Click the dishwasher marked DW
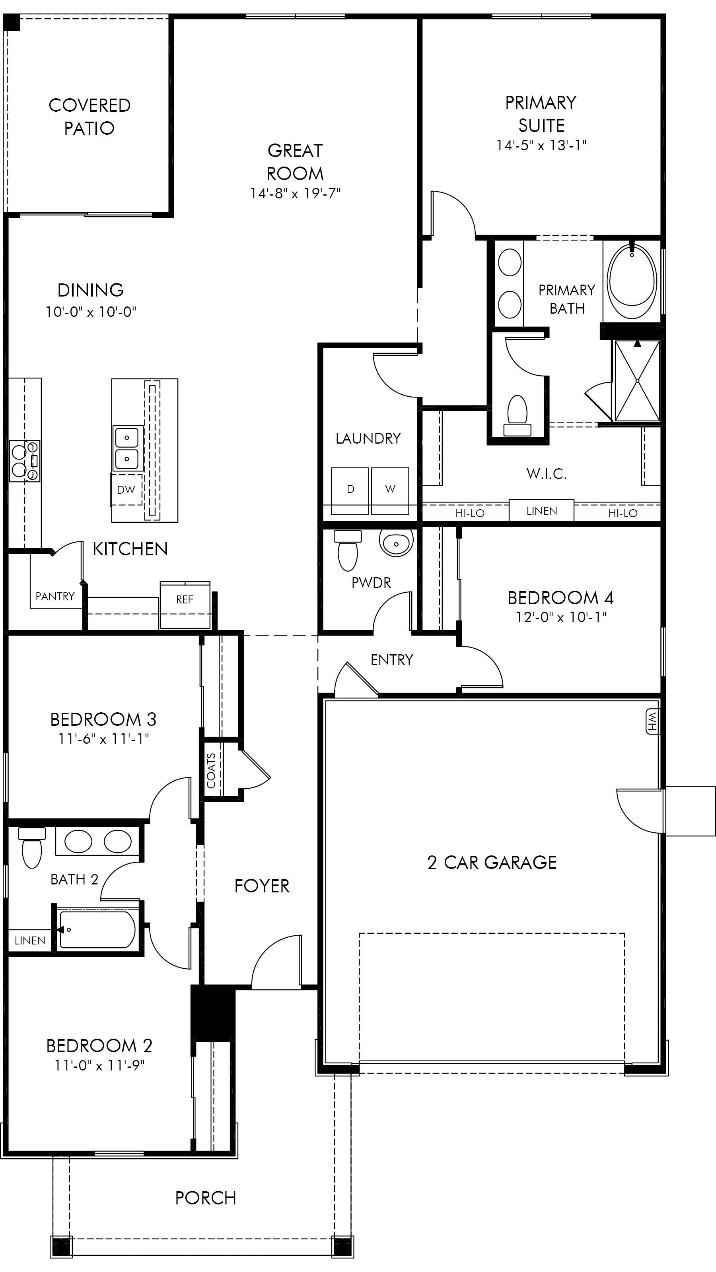126,489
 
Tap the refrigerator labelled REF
185,605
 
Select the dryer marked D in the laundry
350,491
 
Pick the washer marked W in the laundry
390,491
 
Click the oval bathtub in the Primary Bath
632,282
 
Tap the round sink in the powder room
396,543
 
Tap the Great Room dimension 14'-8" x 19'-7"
295,193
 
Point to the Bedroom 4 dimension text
561,617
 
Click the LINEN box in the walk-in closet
541,510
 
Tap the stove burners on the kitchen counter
25,461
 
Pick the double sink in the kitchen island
127,448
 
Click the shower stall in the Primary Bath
637,380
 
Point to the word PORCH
206,1198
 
